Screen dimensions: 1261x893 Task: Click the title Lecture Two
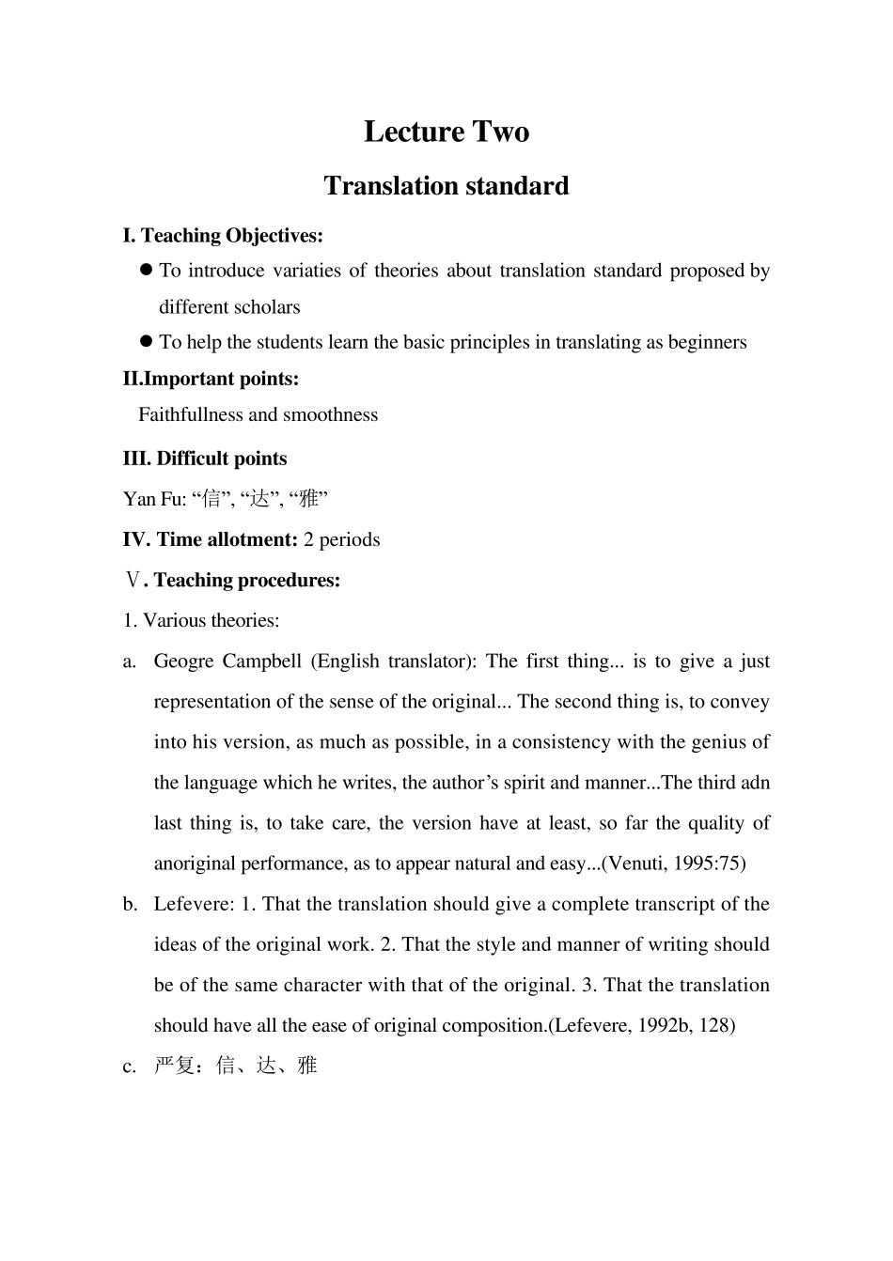pyautogui.click(x=446, y=132)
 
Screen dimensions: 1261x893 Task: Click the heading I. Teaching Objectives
pyautogui.click(x=223, y=236)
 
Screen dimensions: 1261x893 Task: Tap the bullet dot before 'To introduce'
pyautogui.click(x=146, y=271)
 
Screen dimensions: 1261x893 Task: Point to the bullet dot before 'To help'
pyautogui.click(x=146, y=342)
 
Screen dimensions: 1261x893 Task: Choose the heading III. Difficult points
pyautogui.click(x=205, y=459)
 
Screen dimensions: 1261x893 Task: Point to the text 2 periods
pyautogui.click(x=342, y=539)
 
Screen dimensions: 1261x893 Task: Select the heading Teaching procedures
pyautogui.click(x=246, y=580)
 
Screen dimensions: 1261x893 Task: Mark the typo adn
pyautogui.click(x=755, y=782)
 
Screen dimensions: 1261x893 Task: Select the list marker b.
pyautogui.click(x=130, y=904)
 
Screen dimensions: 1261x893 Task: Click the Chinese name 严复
pyautogui.click(x=174, y=1066)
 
